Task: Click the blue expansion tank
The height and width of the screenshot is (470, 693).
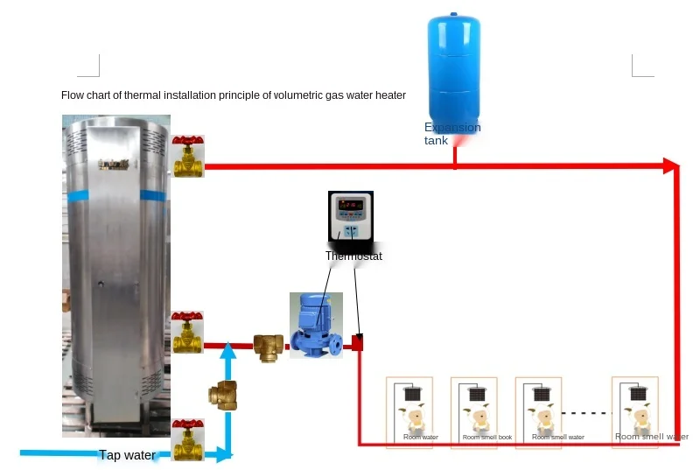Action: [454, 70]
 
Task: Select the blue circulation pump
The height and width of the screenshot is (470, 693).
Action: [316, 326]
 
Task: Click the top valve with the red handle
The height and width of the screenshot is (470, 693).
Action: [188, 156]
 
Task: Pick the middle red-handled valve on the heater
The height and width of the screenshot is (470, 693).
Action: [188, 332]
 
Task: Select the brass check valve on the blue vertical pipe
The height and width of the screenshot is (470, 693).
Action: [223, 393]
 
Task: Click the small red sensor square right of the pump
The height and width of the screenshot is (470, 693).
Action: [357, 343]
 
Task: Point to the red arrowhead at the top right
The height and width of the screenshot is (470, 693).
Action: [671, 165]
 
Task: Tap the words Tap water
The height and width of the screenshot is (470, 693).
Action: [127, 455]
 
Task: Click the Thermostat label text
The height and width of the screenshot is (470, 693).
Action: [353, 256]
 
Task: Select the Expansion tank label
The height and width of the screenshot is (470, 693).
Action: [451, 134]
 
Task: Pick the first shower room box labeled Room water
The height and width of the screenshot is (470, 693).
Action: [409, 412]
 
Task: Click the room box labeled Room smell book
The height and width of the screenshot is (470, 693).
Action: [473, 412]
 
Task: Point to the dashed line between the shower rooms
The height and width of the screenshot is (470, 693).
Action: [584, 412]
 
